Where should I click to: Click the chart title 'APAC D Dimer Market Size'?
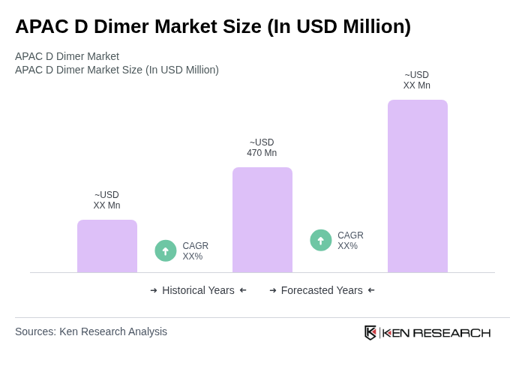tap(213, 26)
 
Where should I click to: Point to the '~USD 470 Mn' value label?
tap(262, 148)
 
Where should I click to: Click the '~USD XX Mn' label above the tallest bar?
tap(417, 80)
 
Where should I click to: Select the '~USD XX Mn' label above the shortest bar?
tap(106, 200)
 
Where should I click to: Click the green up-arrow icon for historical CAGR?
tap(166, 251)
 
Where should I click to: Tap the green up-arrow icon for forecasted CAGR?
tap(321, 241)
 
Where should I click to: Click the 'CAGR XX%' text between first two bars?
tap(195, 251)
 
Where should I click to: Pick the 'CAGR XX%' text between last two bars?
tap(350, 241)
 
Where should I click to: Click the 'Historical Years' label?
tap(198, 290)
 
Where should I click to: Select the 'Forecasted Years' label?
tap(322, 290)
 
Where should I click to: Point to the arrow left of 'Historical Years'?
tap(154, 290)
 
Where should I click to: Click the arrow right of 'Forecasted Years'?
tap(371, 290)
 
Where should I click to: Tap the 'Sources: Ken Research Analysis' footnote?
tap(91, 331)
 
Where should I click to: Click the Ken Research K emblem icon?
tap(370, 332)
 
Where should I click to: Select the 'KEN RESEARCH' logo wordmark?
tap(436, 333)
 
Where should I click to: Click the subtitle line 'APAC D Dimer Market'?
tap(67, 56)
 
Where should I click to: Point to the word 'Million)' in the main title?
tap(376, 26)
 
